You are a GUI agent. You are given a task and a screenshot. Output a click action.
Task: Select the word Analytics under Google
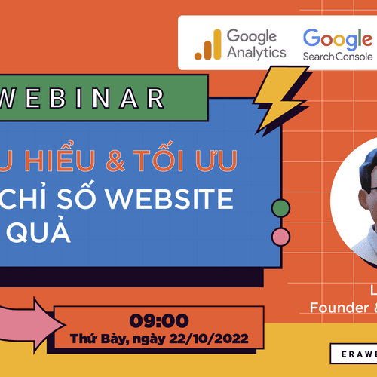pyautogui.click(x=256, y=53)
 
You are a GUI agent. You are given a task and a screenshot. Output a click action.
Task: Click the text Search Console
pyautogui.click(x=337, y=57)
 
